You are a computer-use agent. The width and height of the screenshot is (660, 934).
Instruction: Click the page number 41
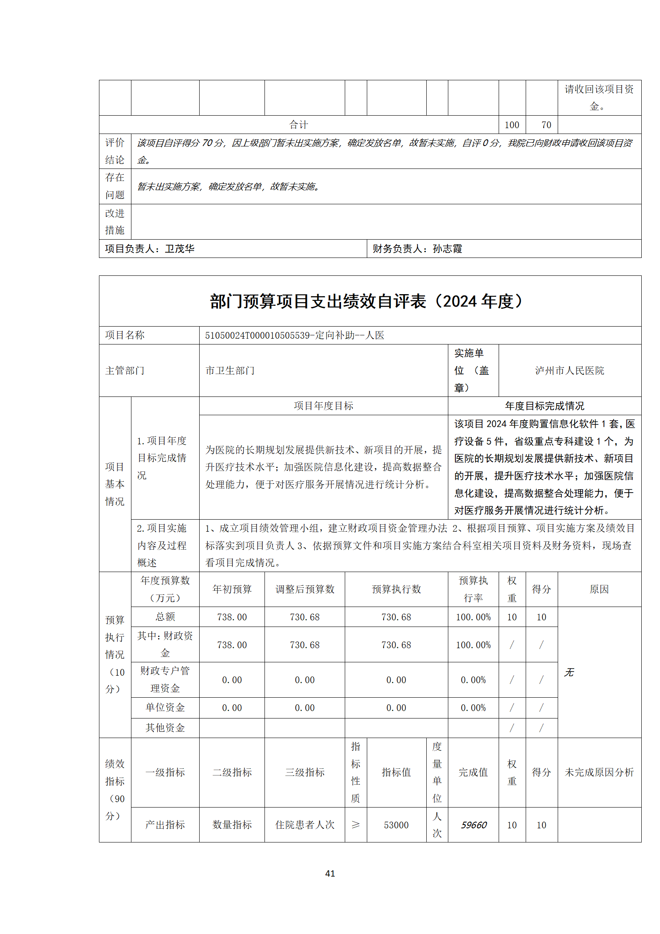pyautogui.click(x=330, y=873)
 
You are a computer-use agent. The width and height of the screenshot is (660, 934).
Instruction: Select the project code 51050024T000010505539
pyautogui.click(x=257, y=335)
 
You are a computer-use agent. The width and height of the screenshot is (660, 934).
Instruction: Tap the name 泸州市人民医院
pyautogui.click(x=569, y=370)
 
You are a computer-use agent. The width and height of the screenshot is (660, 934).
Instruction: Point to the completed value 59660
pyautogui.click(x=473, y=825)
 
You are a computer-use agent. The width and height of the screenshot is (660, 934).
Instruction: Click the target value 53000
pyautogui.click(x=396, y=825)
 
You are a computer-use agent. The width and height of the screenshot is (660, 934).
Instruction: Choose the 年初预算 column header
pyautogui.click(x=232, y=589)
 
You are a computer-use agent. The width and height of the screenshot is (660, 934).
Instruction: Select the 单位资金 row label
pyautogui.click(x=165, y=707)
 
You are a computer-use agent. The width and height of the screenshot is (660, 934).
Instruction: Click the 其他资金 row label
pyautogui.click(x=165, y=728)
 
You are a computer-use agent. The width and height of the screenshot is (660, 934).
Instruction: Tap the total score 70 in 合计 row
pyautogui.click(x=546, y=125)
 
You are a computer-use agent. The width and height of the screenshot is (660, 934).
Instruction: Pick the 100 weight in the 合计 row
pyautogui.click(x=512, y=125)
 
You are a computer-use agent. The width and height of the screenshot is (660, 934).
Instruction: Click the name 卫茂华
pyautogui.click(x=180, y=249)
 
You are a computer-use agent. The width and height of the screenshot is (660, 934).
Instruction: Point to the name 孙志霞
pyautogui.click(x=447, y=249)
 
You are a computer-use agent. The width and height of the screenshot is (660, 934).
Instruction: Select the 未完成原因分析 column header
pyautogui.click(x=599, y=772)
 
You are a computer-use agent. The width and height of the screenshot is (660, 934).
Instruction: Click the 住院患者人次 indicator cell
pyautogui.click(x=304, y=825)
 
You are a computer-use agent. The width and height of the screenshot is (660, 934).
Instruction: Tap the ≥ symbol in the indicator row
pyautogui.click(x=356, y=825)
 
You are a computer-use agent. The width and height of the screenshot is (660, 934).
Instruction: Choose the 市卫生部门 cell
pyautogui.click(x=230, y=370)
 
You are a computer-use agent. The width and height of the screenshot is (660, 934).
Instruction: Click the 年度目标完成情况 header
pyautogui.click(x=544, y=406)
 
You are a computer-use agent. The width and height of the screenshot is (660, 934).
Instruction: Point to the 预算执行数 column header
pyautogui.click(x=396, y=589)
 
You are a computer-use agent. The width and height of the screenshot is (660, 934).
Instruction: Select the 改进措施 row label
pyautogui.click(x=115, y=221)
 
